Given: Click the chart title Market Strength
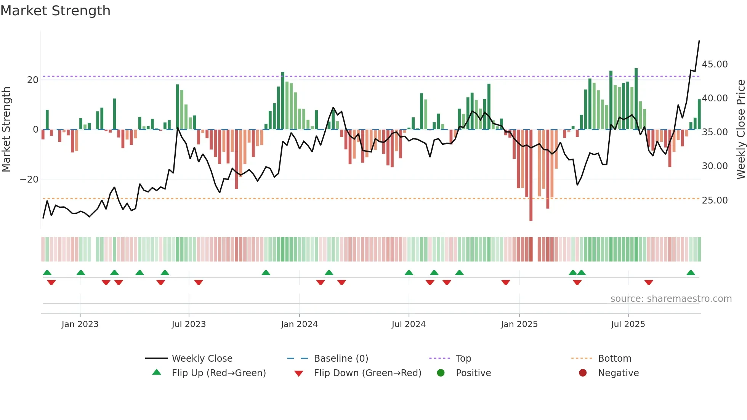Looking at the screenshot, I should [55, 11].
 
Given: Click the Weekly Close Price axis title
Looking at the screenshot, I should [741, 129].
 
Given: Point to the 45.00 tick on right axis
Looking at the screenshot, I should [715, 64].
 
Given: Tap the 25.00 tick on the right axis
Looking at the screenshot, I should [715, 200].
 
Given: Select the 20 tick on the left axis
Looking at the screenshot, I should [33, 80].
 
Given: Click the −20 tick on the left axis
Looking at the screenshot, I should [29, 180].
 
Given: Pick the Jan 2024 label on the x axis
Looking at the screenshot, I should [299, 324].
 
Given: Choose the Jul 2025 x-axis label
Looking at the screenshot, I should [628, 324].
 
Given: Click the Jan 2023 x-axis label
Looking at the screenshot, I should [80, 324].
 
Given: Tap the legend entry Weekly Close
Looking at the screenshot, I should [202, 359].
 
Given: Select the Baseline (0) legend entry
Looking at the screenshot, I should [341, 359].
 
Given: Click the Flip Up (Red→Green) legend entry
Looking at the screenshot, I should [218, 373].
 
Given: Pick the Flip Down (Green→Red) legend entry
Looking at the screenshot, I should [367, 373].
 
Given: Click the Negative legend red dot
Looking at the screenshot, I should [583, 373].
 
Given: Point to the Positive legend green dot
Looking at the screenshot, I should [441, 373].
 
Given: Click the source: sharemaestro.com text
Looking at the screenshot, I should [671, 299].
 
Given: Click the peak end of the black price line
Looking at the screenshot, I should [699, 41].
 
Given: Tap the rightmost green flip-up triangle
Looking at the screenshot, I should [691, 273].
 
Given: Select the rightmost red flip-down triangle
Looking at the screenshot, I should [649, 282].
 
